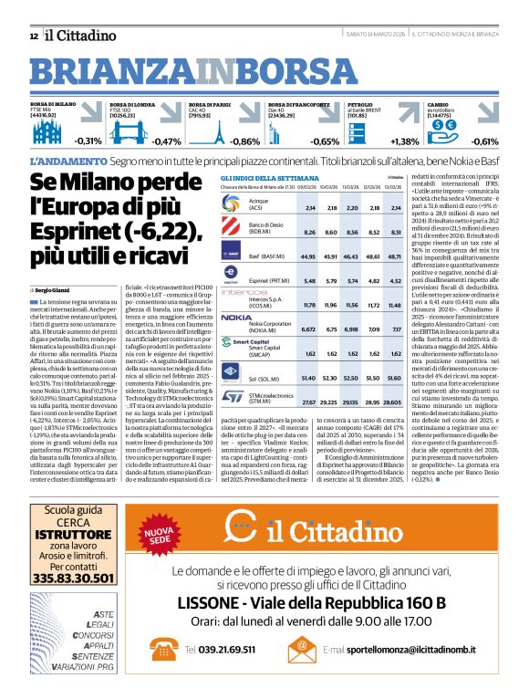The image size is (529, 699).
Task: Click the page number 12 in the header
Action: [34, 36]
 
